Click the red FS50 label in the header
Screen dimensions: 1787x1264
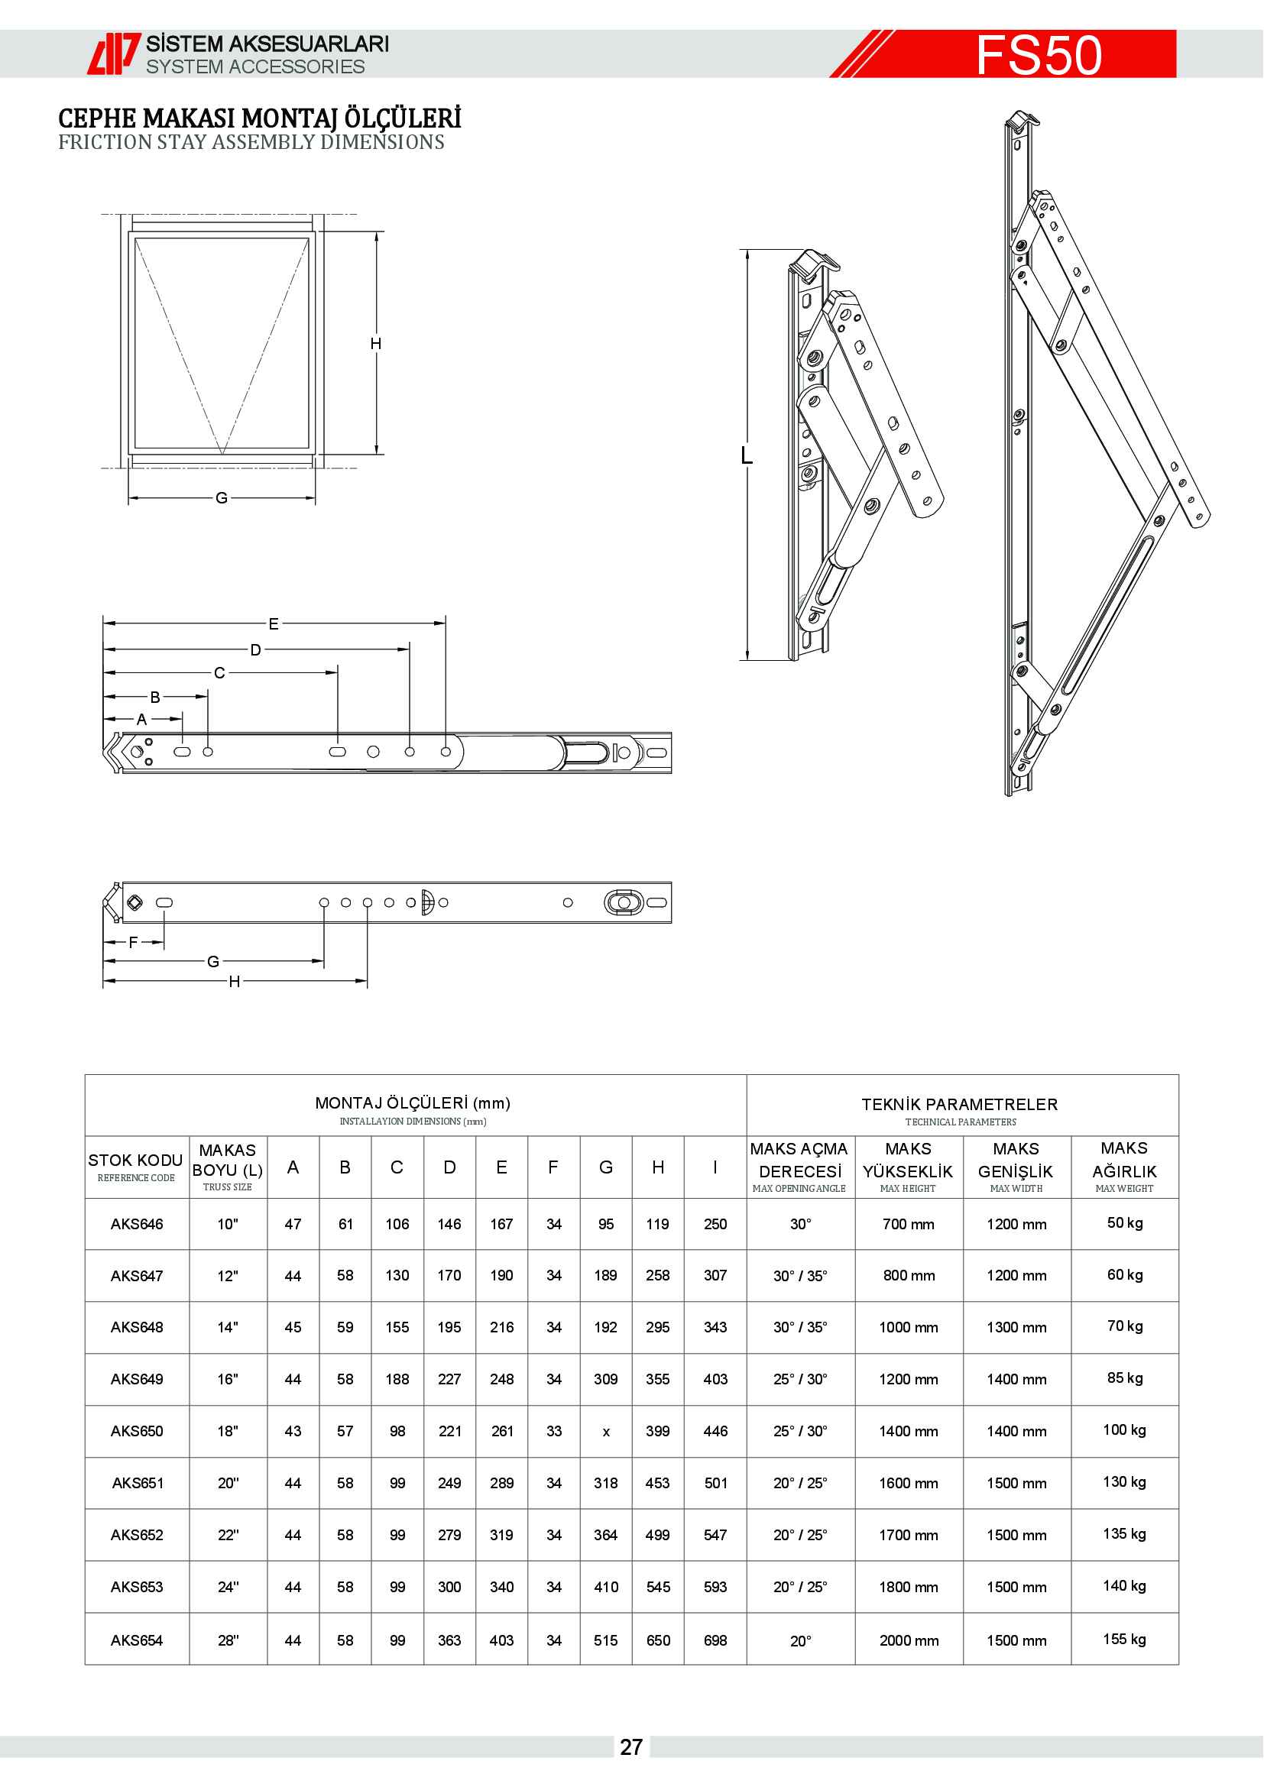pyautogui.click(x=1039, y=54)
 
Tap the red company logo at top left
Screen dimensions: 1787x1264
pyautogui.click(x=113, y=53)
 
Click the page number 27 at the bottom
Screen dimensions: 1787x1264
pyautogui.click(x=631, y=1747)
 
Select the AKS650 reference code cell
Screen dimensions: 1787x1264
pyautogui.click(x=137, y=1430)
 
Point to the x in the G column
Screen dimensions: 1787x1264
pyautogui.click(x=606, y=1431)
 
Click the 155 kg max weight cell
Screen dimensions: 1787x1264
pyautogui.click(x=1124, y=1638)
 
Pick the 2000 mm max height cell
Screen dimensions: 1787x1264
pyautogui.click(x=909, y=1640)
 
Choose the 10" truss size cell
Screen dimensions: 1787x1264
pyautogui.click(x=227, y=1223)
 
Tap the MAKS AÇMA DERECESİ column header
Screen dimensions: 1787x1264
pyautogui.click(x=799, y=1166)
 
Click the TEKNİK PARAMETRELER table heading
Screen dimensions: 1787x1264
pyautogui.click(x=960, y=1105)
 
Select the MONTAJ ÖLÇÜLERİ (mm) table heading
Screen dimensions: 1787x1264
pyautogui.click(x=413, y=1103)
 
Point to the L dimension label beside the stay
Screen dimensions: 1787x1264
pyautogui.click(x=747, y=455)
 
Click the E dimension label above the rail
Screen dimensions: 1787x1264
pyautogui.click(x=273, y=623)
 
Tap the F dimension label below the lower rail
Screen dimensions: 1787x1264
pyautogui.click(x=133, y=942)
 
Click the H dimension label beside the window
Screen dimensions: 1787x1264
pyautogui.click(x=376, y=343)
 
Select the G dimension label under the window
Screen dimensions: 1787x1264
pyautogui.click(x=222, y=497)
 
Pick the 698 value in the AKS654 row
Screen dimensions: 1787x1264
pyautogui.click(x=715, y=1640)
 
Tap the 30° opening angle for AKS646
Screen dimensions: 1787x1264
pyautogui.click(x=800, y=1223)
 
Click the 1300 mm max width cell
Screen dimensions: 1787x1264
pyautogui.click(x=1016, y=1327)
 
